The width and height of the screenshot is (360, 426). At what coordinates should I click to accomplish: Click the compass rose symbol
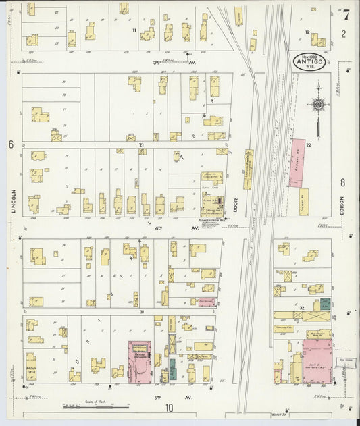[x=317, y=105]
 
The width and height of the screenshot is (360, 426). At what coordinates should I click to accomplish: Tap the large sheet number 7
[x=346, y=14]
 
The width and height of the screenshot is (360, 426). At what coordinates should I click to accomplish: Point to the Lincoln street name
[x=13, y=201]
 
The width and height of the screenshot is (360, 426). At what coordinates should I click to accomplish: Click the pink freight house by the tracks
[x=297, y=162]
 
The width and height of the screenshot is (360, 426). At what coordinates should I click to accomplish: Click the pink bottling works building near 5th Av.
[x=140, y=361]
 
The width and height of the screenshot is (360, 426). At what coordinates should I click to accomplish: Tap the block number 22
[x=308, y=145]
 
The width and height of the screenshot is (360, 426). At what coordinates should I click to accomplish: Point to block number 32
[x=301, y=308]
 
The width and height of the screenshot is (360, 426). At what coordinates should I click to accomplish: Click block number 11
[x=134, y=30]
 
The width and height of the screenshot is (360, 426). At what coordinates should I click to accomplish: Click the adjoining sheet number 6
[x=11, y=144]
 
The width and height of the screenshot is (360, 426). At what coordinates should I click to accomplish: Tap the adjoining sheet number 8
[x=343, y=182]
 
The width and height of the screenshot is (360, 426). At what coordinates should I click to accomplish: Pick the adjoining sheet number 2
[x=343, y=33]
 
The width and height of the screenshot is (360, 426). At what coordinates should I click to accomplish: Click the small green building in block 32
[x=326, y=304]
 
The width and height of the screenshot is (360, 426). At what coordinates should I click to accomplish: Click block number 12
[x=307, y=32]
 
